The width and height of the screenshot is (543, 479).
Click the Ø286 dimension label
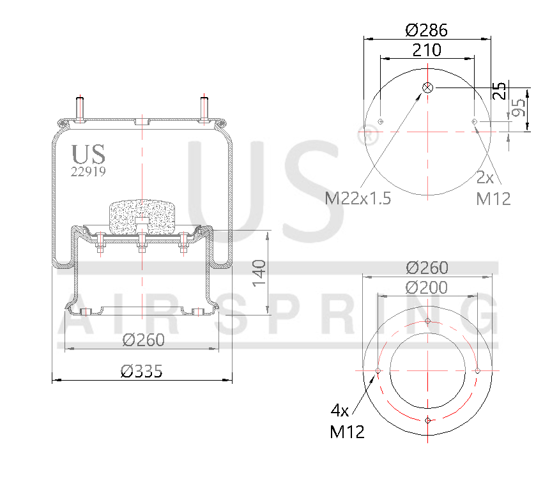pyautogui.click(x=427, y=30)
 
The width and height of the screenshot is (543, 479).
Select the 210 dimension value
pyautogui.click(x=427, y=50)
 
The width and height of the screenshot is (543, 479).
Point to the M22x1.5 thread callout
pyautogui.click(x=358, y=198)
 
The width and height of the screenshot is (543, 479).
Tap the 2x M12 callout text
pyautogui.click(x=494, y=188)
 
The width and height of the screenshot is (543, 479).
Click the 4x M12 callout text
pyautogui.click(x=348, y=421)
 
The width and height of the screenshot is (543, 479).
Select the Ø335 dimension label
pyautogui.click(x=142, y=370)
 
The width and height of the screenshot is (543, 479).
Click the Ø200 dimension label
pyautogui.click(x=427, y=288)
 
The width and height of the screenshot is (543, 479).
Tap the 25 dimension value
pyautogui.click(x=500, y=91)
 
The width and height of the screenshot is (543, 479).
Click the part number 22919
pyautogui.click(x=88, y=171)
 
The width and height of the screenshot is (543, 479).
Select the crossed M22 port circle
pyautogui.click(x=427, y=87)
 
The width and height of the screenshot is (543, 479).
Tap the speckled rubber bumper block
pyautogui.click(x=141, y=217)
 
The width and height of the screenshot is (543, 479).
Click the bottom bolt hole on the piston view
pyautogui.click(x=427, y=420)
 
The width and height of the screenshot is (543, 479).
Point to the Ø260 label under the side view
pyautogui.click(x=143, y=340)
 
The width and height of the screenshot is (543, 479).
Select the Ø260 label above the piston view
pyautogui.click(x=427, y=268)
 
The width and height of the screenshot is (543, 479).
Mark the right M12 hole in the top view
pyautogui.click(x=474, y=121)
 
